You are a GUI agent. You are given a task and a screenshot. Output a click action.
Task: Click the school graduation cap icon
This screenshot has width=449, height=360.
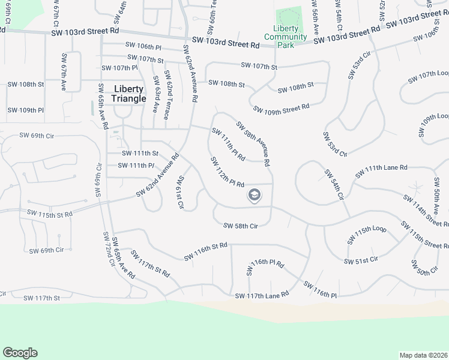(x=254, y=196)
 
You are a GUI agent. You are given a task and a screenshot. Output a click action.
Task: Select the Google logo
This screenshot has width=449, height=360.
(x=20, y=353)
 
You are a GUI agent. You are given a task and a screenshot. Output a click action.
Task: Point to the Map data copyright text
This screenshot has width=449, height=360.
(x=424, y=355)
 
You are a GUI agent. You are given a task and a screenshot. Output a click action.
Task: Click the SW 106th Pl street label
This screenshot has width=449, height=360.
(x=143, y=45)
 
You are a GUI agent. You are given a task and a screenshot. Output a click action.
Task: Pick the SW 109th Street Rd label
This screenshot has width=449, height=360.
(x=281, y=108)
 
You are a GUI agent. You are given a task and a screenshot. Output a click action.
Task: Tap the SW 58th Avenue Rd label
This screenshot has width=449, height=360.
(x=253, y=144)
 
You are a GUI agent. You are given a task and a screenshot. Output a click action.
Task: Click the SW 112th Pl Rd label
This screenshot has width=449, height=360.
(x=227, y=172)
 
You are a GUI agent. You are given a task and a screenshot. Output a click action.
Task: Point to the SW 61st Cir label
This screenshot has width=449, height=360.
(x=179, y=193)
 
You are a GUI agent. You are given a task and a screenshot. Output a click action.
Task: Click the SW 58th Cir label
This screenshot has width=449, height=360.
(x=240, y=226)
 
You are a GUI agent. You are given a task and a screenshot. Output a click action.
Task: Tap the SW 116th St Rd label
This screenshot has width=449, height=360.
(x=206, y=251)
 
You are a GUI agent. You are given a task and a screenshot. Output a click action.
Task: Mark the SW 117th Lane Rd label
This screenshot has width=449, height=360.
(x=262, y=295)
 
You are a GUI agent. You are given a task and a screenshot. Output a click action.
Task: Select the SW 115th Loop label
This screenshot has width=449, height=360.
(x=367, y=234)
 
